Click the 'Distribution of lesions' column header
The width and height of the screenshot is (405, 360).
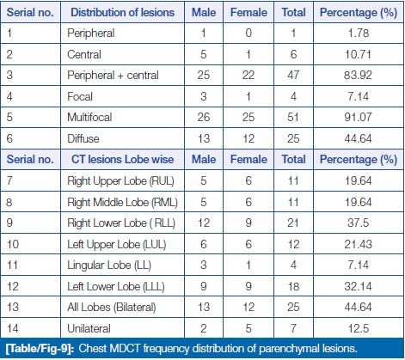pos(122,12)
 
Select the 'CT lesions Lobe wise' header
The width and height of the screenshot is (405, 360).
pos(122,160)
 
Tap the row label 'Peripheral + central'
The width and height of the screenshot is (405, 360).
pos(113,76)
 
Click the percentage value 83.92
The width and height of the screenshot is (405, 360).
pos(358,75)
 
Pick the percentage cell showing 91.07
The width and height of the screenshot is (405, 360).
pos(358,117)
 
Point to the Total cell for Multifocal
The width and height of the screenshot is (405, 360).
pos(293,117)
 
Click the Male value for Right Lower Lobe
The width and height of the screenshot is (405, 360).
pos(204,223)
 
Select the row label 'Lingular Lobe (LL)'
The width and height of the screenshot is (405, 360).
pos(109,265)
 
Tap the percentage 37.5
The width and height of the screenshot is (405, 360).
pos(358,223)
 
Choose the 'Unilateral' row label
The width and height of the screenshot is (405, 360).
pos(89,328)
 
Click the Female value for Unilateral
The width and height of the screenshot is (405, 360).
pos(249,328)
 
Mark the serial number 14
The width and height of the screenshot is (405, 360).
pos(13,328)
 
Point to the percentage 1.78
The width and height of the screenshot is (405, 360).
pos(358,33)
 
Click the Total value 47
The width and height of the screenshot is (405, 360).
pos(293,75)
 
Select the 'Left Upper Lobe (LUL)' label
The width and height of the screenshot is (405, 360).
pos(116,244)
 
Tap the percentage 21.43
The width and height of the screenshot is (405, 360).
pos(358,244)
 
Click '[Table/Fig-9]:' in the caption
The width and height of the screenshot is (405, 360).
pos(40,349)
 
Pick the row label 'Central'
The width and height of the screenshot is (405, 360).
pos(84,54)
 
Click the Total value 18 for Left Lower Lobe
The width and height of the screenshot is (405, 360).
pos(293,286)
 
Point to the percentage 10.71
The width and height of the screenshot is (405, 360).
pos(358,54)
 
